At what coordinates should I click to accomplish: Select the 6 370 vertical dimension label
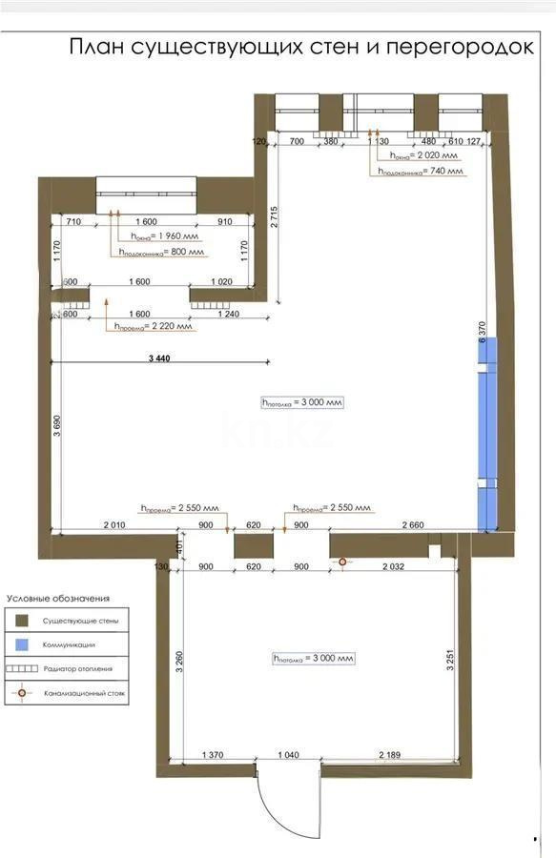(483, 329)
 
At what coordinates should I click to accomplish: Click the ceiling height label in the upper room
(301, 402)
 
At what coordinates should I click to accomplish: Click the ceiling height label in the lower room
(314, 658)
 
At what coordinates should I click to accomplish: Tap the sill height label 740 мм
(421, 172)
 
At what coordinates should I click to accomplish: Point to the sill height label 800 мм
(162, 253)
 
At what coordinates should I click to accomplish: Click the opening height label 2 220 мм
(153, 326)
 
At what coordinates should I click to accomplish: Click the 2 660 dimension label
(413, 525)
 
